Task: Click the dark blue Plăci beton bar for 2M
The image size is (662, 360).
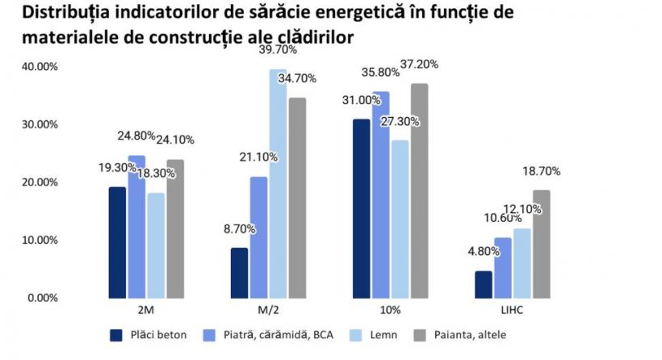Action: click(x=118, y=242)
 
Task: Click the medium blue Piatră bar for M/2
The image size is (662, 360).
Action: click(x=258, y=237)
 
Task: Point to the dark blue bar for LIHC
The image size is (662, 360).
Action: click(x=483, y=284)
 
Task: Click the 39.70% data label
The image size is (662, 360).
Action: click(x=278, y=50)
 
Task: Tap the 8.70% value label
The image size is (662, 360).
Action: click(x=239, y=228)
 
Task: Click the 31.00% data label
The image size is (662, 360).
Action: click(x=361, y=100)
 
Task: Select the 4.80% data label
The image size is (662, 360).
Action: click(x=483, y=252)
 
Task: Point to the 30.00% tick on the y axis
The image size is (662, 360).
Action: click(x=37, y=124)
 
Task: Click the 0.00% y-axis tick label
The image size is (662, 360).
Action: click(x=40, y=298)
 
